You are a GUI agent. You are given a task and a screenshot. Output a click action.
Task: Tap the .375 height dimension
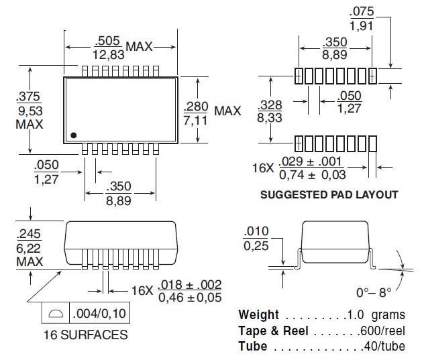(x=30, y=96)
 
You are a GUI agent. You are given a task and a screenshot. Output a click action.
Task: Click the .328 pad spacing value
(x=270, y=105)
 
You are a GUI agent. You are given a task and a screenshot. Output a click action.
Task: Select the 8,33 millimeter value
(x=270, y=117)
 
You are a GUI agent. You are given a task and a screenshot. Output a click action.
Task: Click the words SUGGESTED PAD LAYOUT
(x=329, y=195)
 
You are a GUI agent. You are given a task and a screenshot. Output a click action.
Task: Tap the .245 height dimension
(x=30, y=234)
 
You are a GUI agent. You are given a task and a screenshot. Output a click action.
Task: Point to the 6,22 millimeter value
(x=30, y=247)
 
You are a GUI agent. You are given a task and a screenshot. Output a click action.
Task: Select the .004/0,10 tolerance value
(x=97, y=312)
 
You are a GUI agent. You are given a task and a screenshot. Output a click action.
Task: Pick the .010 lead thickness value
(x=256, y=233)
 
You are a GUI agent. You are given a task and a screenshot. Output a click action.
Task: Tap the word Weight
(x=258, y=315)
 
